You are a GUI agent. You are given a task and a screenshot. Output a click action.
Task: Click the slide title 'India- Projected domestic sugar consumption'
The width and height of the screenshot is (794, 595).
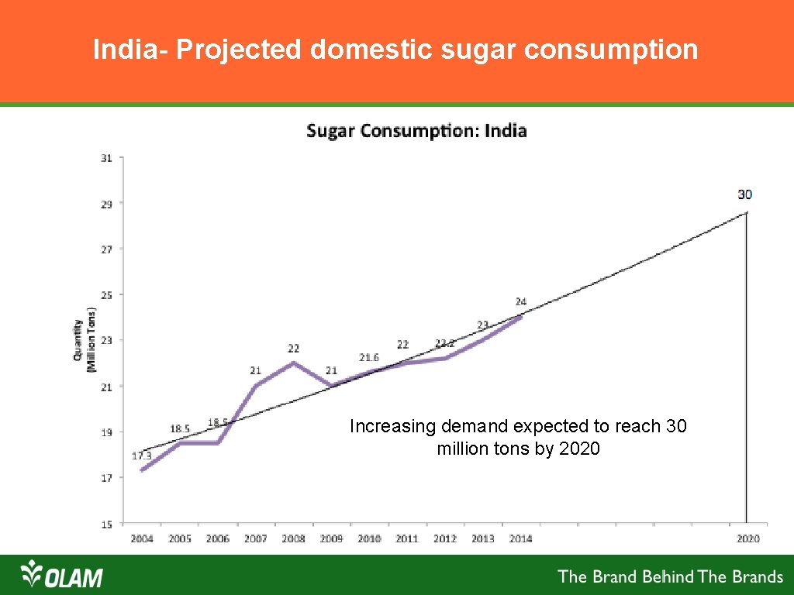pos(395,50)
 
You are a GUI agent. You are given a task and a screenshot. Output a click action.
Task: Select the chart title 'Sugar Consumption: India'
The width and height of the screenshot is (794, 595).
pos(416,130)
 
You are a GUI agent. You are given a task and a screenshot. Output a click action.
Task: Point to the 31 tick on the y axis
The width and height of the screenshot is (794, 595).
pos(106,158)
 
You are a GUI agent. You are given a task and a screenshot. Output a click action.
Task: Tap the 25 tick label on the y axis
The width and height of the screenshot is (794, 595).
pos(106,295)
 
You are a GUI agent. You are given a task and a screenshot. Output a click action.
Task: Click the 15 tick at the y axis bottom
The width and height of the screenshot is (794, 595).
pos(106,524)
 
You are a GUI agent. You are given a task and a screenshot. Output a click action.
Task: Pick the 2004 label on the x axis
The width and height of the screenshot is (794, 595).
pos(142,538)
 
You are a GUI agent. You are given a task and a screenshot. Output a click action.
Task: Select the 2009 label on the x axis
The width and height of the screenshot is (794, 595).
pos(331,538)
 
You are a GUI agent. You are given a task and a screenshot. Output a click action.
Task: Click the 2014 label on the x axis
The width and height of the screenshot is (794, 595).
pos(520,538)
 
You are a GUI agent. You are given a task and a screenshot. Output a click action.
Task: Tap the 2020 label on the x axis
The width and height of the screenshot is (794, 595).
pos(747,538)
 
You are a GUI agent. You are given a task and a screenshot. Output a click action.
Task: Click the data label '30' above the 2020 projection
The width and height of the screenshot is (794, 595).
pos(744,194)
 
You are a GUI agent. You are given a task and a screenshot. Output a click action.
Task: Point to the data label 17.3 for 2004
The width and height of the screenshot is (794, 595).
pos(141,456)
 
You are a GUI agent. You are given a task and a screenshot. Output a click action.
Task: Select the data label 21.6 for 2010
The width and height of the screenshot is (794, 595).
pos(369,357)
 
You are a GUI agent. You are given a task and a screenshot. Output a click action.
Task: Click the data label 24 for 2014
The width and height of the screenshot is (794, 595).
pos(521,301)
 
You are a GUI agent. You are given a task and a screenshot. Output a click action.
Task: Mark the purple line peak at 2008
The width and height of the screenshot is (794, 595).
pos(293,363)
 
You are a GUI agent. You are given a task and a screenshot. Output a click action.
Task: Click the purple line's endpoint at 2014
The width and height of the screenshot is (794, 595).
pos(520,317)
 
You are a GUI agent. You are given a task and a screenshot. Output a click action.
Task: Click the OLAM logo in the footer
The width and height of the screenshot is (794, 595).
pos(62,576)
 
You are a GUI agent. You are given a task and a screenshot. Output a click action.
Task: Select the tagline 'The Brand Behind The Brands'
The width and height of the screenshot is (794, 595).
pos(671,576)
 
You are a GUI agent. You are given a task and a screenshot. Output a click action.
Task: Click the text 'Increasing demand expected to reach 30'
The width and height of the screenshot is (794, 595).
pos(518,426)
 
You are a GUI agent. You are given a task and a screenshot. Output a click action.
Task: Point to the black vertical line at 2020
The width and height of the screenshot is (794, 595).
pos(746,372)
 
